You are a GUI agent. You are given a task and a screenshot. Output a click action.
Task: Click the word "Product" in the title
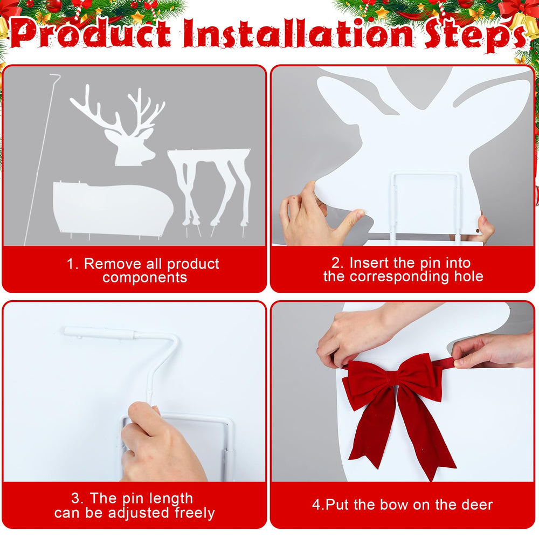91,33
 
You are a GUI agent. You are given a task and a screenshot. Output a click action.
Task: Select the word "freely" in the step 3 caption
195,513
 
